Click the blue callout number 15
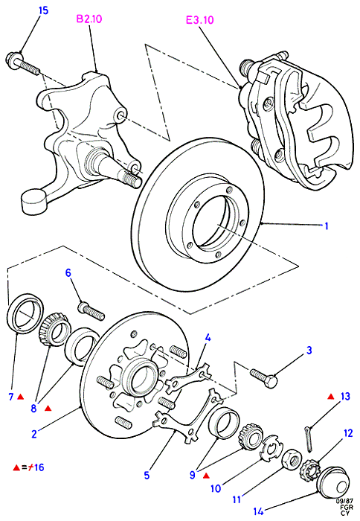(44, 10)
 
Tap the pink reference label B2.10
(89, 19)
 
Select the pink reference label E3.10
(199, 20)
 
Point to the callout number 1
(326, 226)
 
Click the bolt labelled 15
(23, 64)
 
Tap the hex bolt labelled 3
(264, 378)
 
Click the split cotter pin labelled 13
(309, 438)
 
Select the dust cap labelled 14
(333, 482)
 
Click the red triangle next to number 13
(331, 397)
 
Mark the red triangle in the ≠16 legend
(16, 467)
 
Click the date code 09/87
(344, 500)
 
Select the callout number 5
(147, 475)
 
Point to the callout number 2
(34, 434)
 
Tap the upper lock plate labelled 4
(188, 379)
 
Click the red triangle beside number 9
(206, 476)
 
